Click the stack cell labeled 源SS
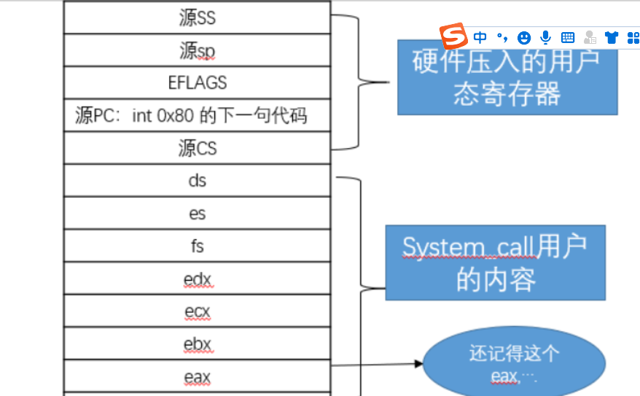tap(198, 18)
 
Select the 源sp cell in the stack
tap(198, 50)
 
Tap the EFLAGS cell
tap(198, 82)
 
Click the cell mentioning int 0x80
tap(198, 115)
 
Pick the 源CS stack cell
tap(198, 148)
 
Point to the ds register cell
tap(198, 180)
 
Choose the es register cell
tap(198, 213)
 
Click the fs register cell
tap(198, 246)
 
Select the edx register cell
tap(198, 279)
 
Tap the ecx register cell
tap(198, 311)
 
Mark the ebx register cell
tap(198, 343)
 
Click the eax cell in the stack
tap(198, 376)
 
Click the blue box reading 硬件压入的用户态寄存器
tap(507, 77)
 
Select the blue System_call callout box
tap(495, 263)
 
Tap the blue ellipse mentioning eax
tap(514, 364)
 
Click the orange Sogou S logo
tap(453, 36)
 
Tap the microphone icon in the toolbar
tap(545, 37)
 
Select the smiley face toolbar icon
tap(523, 37)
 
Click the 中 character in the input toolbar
tap(480, 37)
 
